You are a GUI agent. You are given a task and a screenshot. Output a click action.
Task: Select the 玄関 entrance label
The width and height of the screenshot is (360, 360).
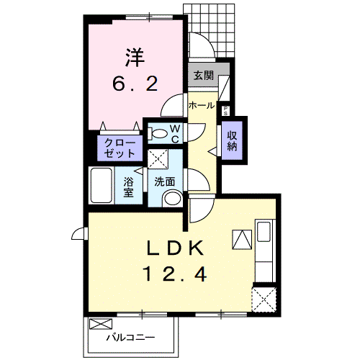pos(202,75)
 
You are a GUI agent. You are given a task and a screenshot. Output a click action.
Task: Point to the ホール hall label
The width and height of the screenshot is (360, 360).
pos(201,106)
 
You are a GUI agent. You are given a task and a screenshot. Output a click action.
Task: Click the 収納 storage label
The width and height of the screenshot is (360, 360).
pos(233,139)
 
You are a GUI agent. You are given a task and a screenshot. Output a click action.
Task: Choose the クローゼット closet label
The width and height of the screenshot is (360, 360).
pos(120,148)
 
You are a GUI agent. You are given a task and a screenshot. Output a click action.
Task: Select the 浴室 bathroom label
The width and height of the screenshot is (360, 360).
pos(128,186)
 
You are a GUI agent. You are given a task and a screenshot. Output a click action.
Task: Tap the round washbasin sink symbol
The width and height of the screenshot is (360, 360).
pos(171,199)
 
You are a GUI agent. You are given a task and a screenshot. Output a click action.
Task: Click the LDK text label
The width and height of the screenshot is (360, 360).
pos(178,249)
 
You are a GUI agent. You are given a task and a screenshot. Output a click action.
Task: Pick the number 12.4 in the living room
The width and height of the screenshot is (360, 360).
pos(178,274)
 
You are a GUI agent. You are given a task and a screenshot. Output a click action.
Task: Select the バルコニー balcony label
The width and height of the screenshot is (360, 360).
pos(135,336)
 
